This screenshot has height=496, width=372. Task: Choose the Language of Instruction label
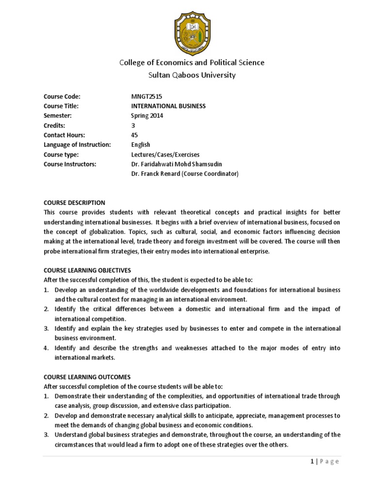point(77,145)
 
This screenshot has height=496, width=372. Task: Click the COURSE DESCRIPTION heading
point(74,202)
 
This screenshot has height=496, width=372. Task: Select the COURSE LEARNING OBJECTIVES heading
point(87,270)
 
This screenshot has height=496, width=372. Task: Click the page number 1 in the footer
point(312,462)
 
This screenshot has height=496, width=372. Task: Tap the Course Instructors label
point(70,164)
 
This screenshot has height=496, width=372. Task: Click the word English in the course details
point(140,145)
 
